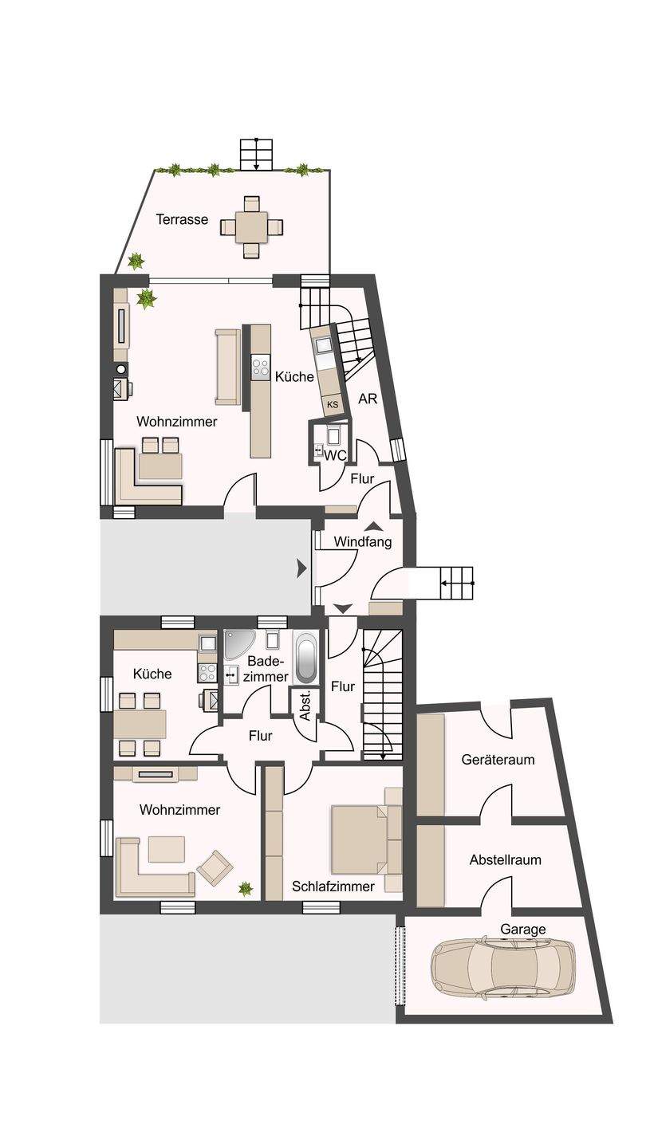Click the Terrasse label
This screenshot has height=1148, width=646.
click(182, 219)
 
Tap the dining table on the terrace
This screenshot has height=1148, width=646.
click(251, 227)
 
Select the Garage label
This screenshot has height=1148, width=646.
click(523, 929)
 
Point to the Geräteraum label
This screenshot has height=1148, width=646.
click(498, 760)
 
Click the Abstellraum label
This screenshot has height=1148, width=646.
click(505, 860)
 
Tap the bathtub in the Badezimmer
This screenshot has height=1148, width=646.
click(305, 657)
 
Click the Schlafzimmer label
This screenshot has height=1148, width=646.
click(333, 886)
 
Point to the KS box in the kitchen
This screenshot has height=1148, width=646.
click(333, 405)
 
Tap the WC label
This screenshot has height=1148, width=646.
click(336, 455)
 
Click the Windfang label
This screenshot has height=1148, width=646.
click(363, 542)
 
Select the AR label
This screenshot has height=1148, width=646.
click(368, 399)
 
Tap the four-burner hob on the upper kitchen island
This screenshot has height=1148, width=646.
click(261, 366)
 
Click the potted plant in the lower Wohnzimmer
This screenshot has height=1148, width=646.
click(246, 887)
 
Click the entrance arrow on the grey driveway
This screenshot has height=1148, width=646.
click(301, 568)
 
